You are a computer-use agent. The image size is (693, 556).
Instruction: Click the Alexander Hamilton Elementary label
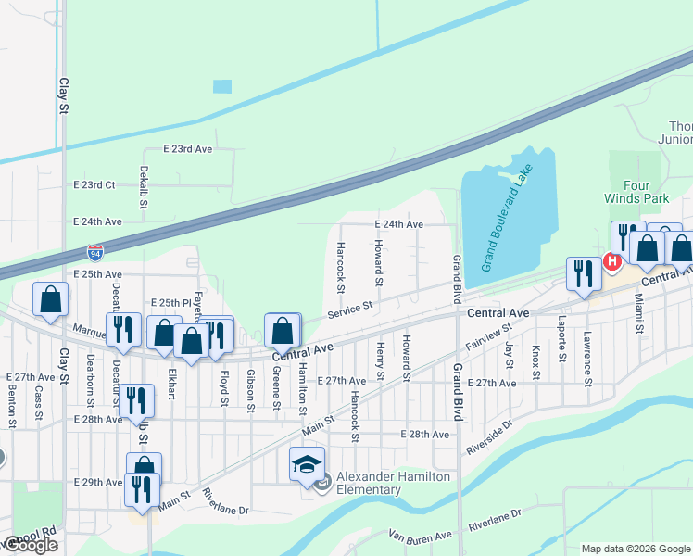coord(393,483)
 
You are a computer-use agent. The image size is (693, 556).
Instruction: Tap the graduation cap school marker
coord(306,464)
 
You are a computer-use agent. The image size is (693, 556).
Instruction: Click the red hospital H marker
coord(611,262)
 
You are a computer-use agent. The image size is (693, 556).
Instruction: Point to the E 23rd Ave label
coord(188,148)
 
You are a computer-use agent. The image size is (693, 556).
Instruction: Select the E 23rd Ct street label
coord(97,184)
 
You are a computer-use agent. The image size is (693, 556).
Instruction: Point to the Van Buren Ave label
coord(420,536)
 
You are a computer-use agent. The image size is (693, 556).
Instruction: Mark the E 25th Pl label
coord(170,303)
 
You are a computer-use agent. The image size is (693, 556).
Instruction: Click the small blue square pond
coord(222,87)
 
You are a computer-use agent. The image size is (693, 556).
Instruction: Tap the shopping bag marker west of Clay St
coord(50,299)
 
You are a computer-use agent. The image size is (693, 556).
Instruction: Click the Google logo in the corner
coord(30,545)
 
